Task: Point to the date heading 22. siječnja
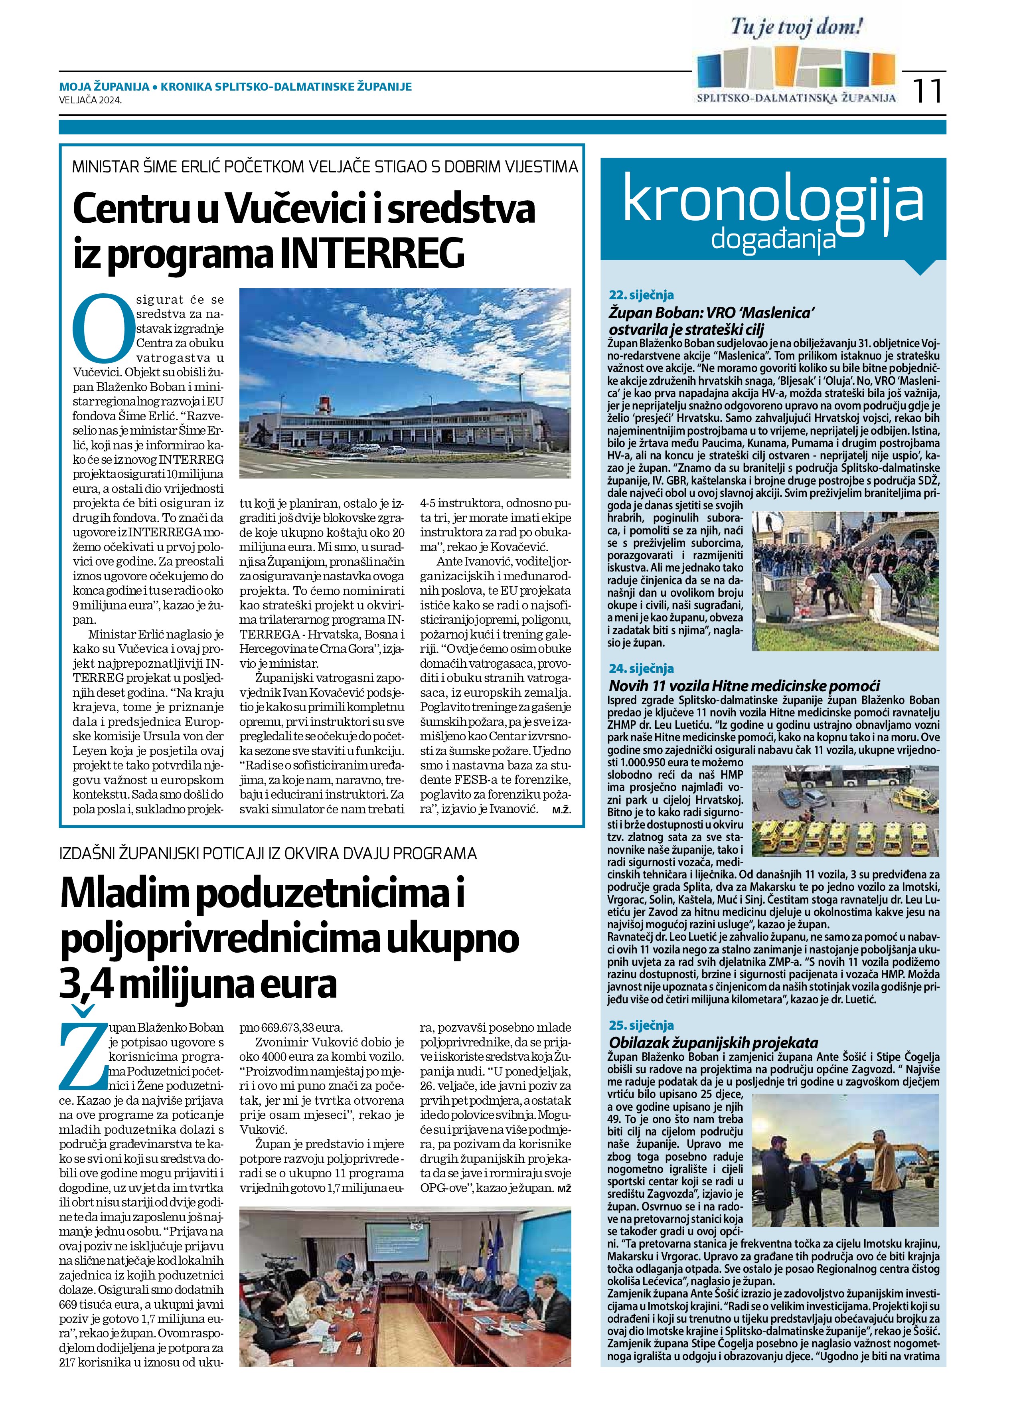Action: pos(642,295)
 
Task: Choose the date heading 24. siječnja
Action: pos(642,668)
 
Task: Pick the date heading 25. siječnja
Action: pos(642,1025)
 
